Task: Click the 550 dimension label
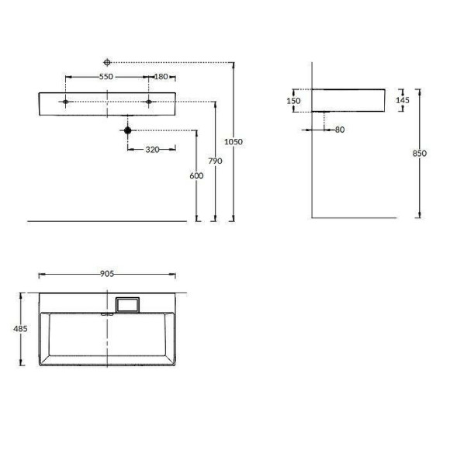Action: [x=106, y=77]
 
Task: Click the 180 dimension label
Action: [x=161, y=77]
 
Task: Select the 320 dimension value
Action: [x=152, y=149]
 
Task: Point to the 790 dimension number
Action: [x=216, y=161]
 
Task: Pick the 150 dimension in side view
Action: [x=293, y=101]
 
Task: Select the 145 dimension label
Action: [x=403, y=99]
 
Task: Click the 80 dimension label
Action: [x=339, y=130]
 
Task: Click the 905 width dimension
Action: [x=107, y=273]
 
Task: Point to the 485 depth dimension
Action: [x=21, y=329]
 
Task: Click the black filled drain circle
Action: [x=128, y=130]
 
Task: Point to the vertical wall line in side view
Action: [x=310, y=171]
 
